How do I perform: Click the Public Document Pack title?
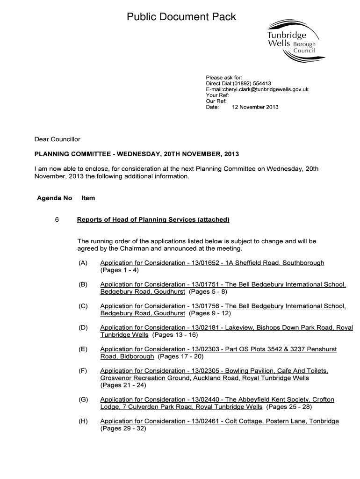click(181, 17)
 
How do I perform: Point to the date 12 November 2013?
click(255, 107)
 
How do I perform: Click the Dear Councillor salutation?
click(58, 139)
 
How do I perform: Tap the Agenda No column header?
click(54, 198)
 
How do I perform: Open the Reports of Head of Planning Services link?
click(153, 219)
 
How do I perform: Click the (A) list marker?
click(83, 263)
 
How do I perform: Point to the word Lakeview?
click(238, 328)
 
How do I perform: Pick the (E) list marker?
click(83, 349)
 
